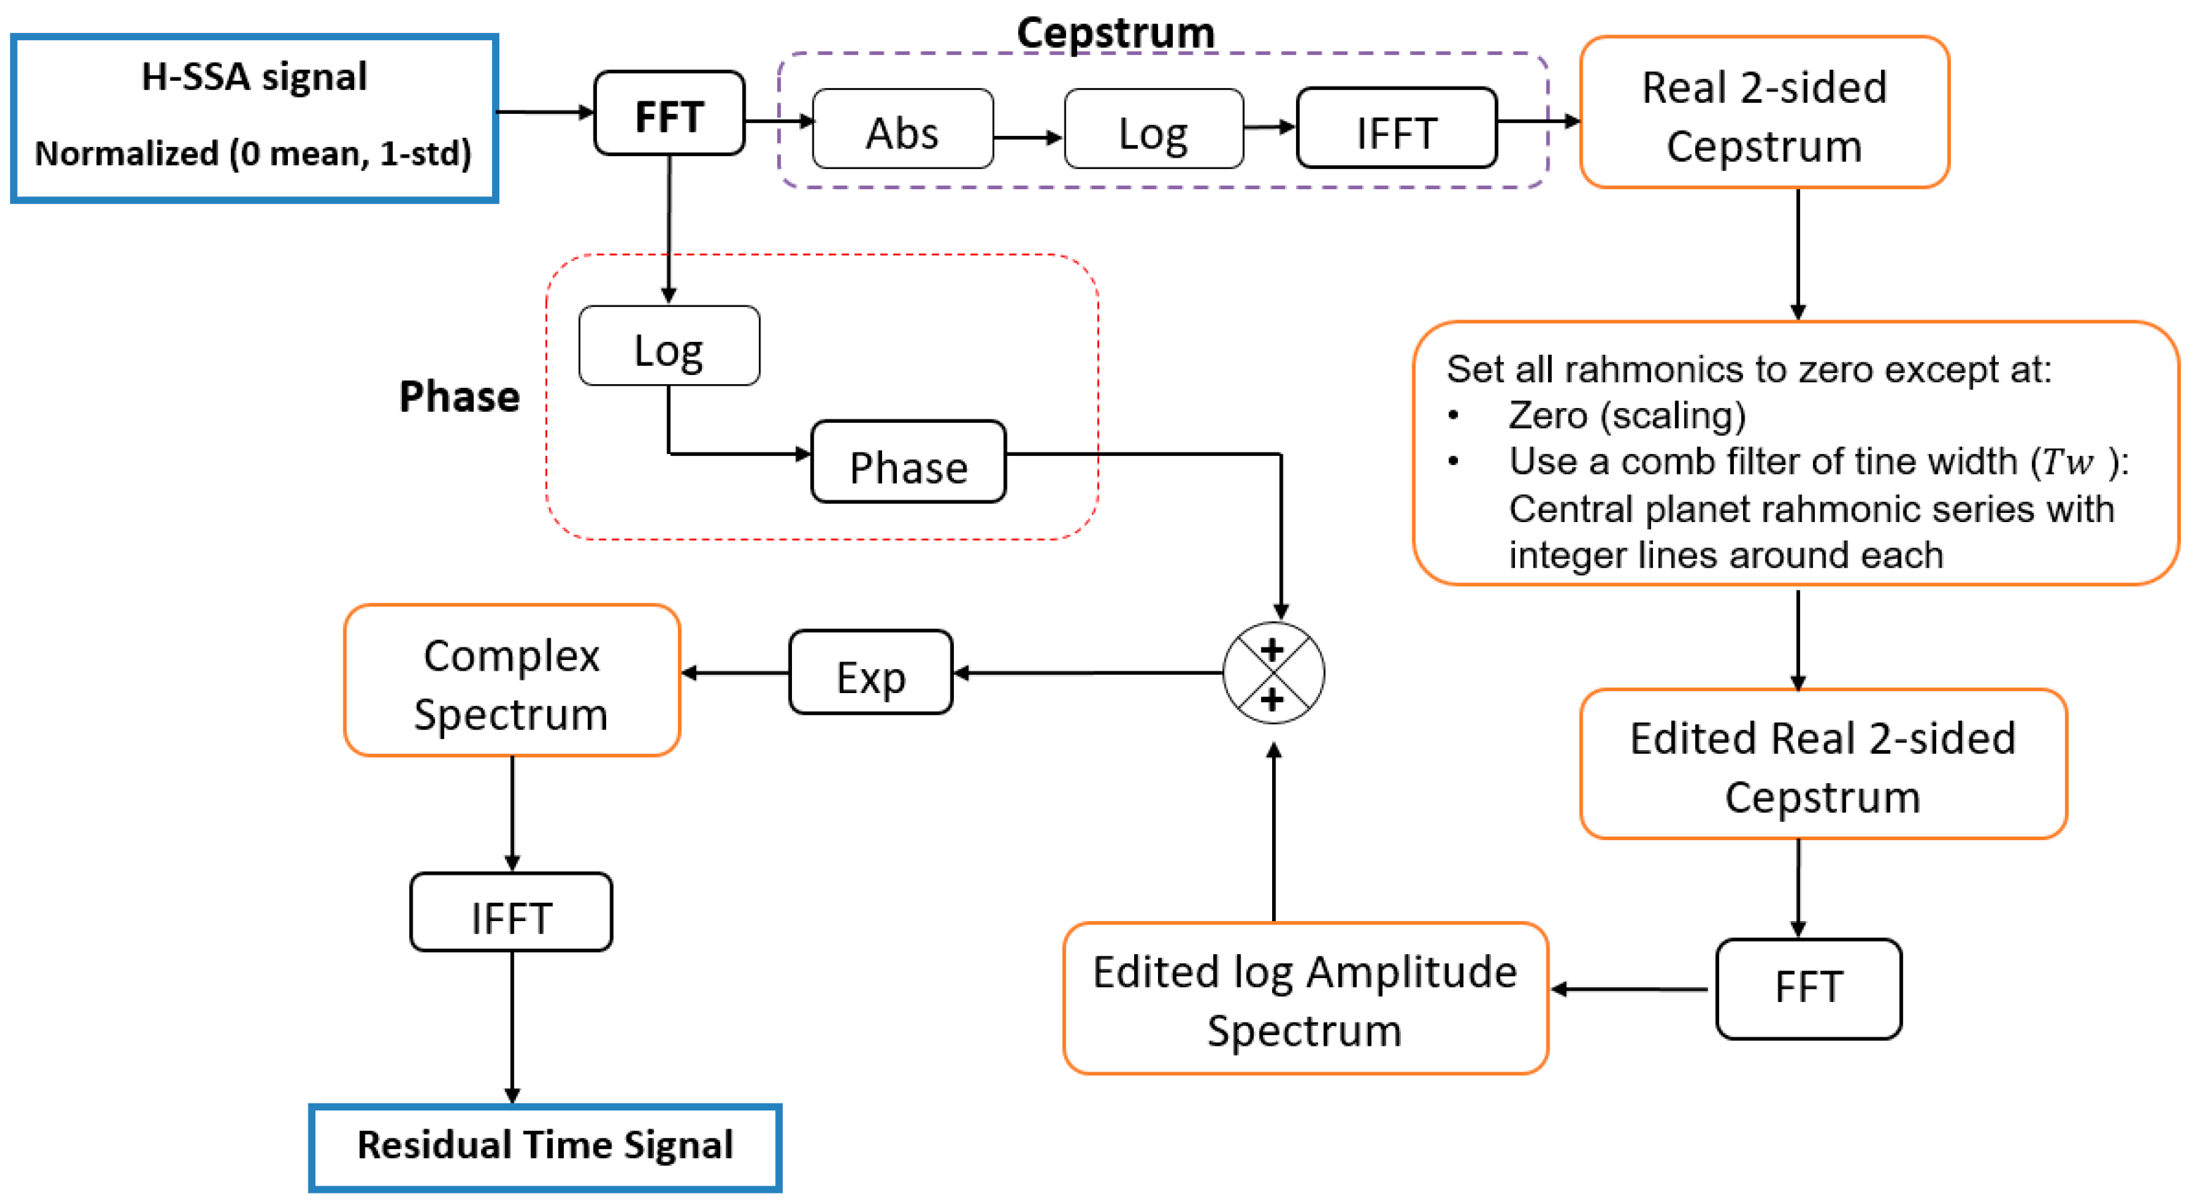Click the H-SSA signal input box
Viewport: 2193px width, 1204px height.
click(x=253, y=118)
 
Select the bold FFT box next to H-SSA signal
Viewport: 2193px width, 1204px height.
click(x=669, y=114)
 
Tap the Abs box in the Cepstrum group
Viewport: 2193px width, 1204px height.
click(x=903, y=129)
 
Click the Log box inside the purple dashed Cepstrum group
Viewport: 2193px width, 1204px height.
click(x=1154, y=129)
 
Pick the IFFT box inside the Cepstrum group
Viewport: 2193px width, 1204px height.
click(x=1396, y=129)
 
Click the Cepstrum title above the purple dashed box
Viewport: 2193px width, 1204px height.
click(x=1115, y=32)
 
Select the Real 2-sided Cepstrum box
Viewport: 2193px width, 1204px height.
click(x=1764, y=113)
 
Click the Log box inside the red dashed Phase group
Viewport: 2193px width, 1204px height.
click(x=669, y=346)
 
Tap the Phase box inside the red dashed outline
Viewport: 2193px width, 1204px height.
click(x=908, y=463)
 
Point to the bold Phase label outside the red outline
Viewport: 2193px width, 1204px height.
click(x=460, y=396)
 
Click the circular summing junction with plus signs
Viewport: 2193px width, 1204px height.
click(x=1273, y=673)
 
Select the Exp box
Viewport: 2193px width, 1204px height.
click(x=870, y=673)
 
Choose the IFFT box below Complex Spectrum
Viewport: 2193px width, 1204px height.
click(x=511, y=913)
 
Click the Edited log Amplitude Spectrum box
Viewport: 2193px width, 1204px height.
click(x=1305, y=999)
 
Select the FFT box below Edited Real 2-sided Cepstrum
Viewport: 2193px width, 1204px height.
click(x=1808, y=989)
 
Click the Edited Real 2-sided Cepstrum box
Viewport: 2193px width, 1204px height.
click(x=1823, y=765)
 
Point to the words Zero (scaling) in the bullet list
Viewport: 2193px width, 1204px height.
click(x=1626, y=416)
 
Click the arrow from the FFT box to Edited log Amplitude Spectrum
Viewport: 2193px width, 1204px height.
click(x=1630, y=989)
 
